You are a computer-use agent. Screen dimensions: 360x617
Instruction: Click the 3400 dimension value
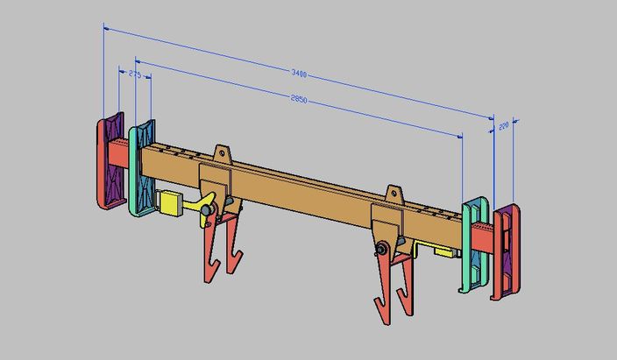[x=307, y=76]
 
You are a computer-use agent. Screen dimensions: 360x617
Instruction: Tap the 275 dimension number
[x=134, y=75]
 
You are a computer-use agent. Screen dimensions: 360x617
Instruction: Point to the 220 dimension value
[x=504, y=127]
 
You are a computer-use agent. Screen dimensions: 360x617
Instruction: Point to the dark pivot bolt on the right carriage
[x=383, y=249]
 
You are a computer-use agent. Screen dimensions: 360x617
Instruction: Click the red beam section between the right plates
[x=482, y=236]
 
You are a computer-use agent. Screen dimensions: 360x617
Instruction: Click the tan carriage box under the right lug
[x=387, y=223]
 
